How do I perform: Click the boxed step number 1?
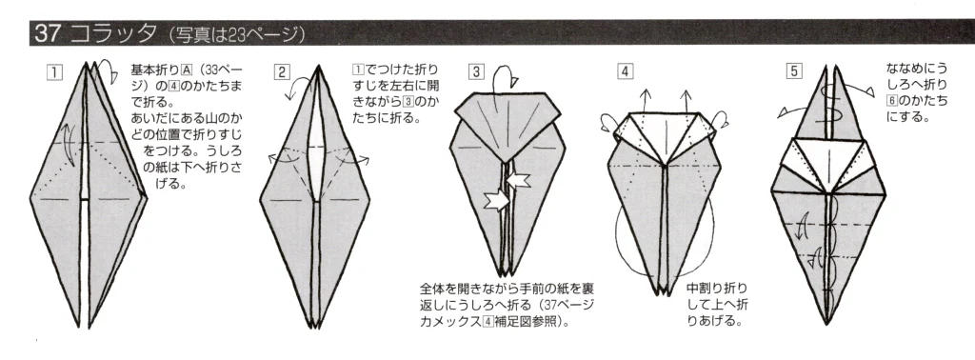pos(58,70)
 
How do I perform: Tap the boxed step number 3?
pos(476,70)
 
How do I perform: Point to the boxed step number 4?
pos(624,70)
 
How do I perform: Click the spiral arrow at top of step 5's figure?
pos(837,96)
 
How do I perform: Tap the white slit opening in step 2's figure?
pos(310,171)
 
